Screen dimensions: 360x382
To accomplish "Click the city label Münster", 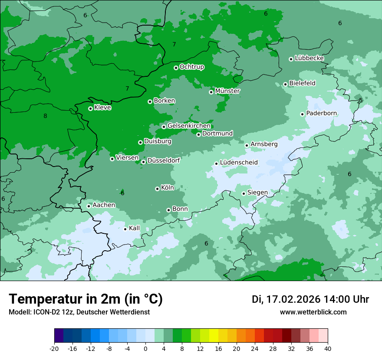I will tap(227, 91).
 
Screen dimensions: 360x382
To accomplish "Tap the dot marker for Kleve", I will tap(90, 108).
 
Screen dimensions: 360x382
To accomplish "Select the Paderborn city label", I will tap(321, 113).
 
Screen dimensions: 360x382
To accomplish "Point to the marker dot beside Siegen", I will tap(244, 193).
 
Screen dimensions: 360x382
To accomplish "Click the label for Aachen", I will tap(104, 205).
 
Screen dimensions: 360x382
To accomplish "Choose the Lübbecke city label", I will tap(309, 58).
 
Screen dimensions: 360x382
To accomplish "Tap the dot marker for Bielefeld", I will tap(285, 84).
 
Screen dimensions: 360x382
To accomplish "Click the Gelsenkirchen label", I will tap(189, 126).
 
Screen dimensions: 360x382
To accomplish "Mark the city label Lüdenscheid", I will tap(239, 163).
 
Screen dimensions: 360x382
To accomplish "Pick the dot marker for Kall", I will tap(125, 229).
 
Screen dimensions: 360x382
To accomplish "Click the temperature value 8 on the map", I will tap(45, 116).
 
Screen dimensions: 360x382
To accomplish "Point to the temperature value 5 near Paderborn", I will tap(360, 101).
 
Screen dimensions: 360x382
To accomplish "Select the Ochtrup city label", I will tap(191, 67).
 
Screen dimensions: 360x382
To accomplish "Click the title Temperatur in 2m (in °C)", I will tap(86, 299).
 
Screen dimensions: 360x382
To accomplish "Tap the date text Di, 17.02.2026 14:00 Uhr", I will tap(310, 299).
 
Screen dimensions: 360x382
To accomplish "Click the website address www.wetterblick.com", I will tap(313, 312).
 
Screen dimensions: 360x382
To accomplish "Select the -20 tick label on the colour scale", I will tap(54, 349).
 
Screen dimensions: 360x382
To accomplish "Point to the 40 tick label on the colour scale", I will tap(327, 349).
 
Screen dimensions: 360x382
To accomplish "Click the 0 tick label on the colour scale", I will tap(145, 349).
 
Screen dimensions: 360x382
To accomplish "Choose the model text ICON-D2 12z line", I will tap(79, 312).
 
